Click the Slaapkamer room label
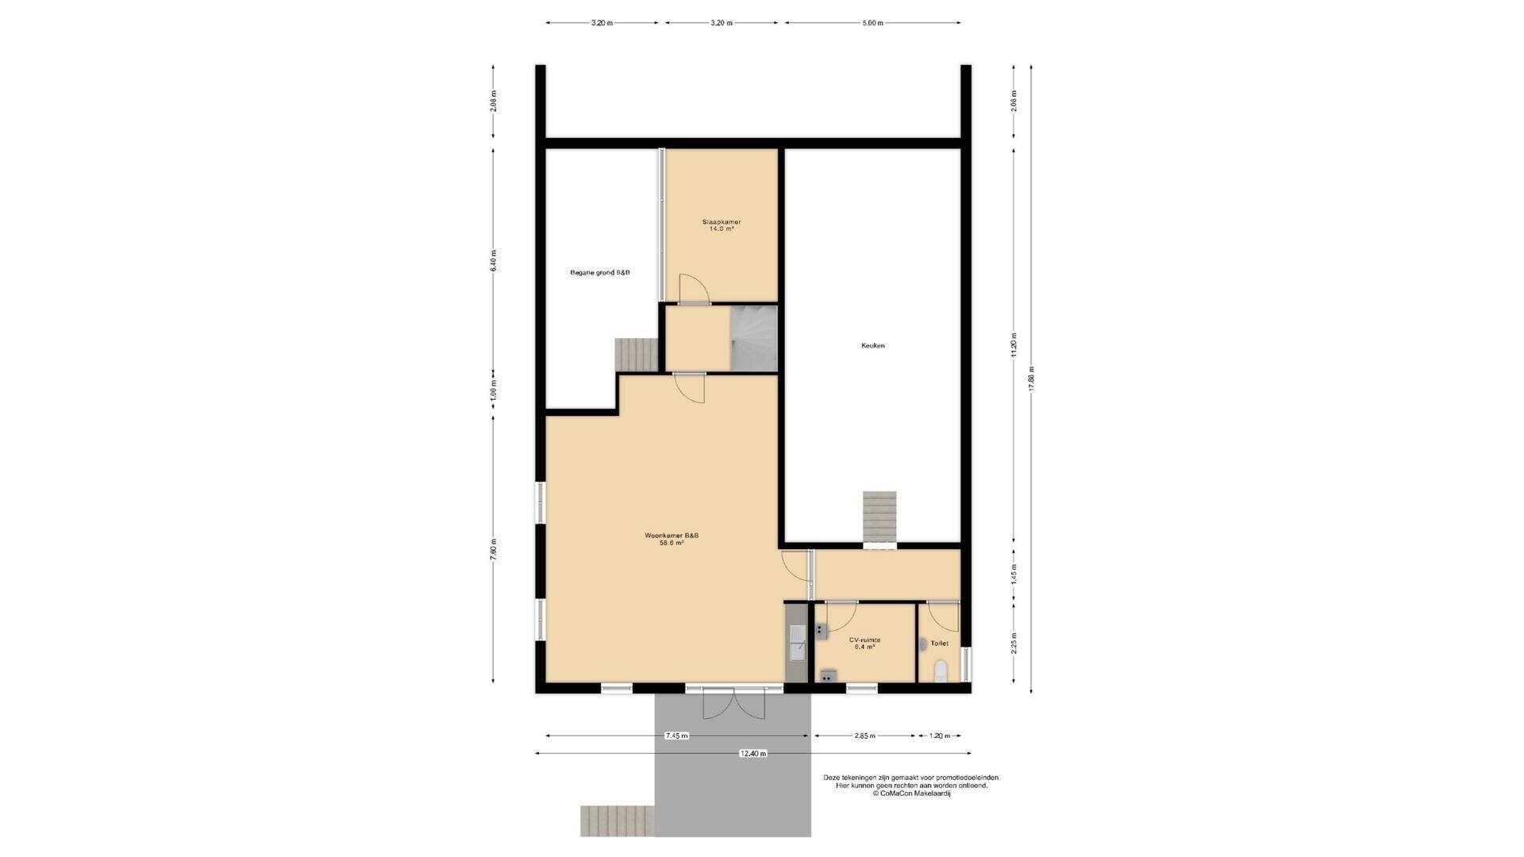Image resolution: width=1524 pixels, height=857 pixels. coord(721,221)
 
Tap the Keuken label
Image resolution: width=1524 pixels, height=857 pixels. coord(872,345)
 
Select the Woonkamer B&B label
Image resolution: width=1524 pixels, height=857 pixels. coord(672,535)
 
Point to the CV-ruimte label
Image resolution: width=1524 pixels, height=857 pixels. coord(864,640)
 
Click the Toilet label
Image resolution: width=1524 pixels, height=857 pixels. coord(939,644)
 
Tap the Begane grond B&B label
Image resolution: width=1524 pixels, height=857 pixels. coord(600,273)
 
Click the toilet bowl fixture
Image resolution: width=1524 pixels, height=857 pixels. coord(941,671)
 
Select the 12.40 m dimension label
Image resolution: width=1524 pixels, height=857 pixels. coord(753,754)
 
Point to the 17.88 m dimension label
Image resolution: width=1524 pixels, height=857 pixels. coord(1031,379)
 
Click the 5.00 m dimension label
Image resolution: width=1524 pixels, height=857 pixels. coord(872,23)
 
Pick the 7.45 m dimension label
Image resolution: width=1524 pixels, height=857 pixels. coord(677,736)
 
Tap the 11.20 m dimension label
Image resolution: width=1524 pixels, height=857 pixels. coord(1014,345)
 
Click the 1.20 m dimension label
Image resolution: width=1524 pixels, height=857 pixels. coord(939,736)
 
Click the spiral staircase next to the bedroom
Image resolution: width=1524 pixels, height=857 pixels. coord(753,339)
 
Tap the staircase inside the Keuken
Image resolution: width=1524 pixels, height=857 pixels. coord(879,519)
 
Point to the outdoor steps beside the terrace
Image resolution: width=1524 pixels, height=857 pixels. coord(618,820)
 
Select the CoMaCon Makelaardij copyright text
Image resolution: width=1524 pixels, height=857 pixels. coord(911,794)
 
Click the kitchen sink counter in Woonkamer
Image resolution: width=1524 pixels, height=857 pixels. coord(796,642)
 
